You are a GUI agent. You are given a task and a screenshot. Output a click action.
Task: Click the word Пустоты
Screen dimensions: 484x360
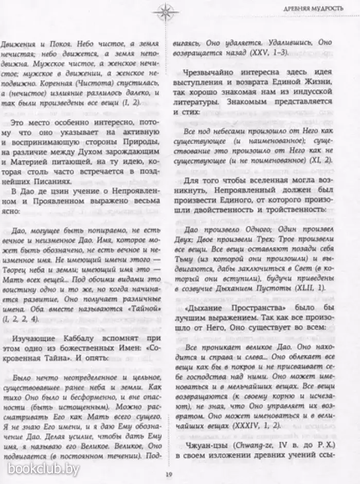pos(288,304)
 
